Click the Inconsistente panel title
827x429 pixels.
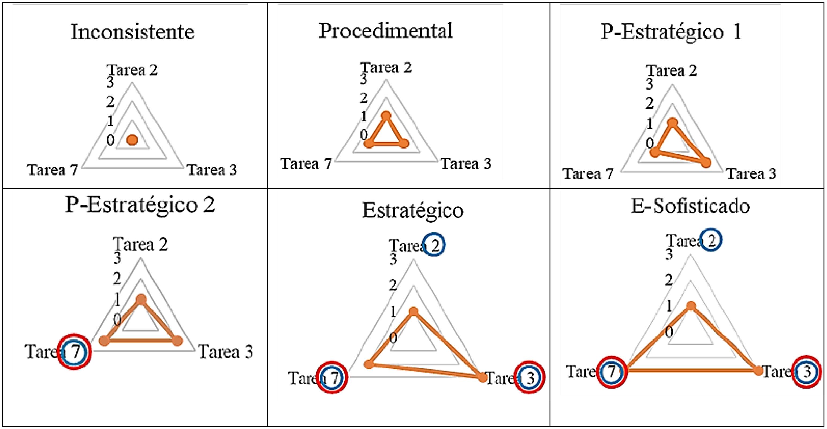[132, 32]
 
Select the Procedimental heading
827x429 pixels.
[385, 31]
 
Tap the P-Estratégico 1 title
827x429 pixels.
[671, 32]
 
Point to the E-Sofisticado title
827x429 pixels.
[691, 206]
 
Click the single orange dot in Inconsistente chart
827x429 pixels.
[132, 140]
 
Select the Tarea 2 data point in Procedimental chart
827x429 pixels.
[386, 116]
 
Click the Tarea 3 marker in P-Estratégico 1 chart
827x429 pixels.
[705, 163]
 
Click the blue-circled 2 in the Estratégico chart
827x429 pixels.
[434, 245]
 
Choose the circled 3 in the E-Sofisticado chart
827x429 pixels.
[807, 372]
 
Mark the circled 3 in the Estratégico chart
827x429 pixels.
[530, 378]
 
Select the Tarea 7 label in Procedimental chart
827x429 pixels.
[306, 164]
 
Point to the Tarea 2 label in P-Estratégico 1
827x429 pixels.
[672, 71]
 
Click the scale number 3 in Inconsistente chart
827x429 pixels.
[110, 83]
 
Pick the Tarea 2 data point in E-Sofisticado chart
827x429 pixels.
[691, 306]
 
